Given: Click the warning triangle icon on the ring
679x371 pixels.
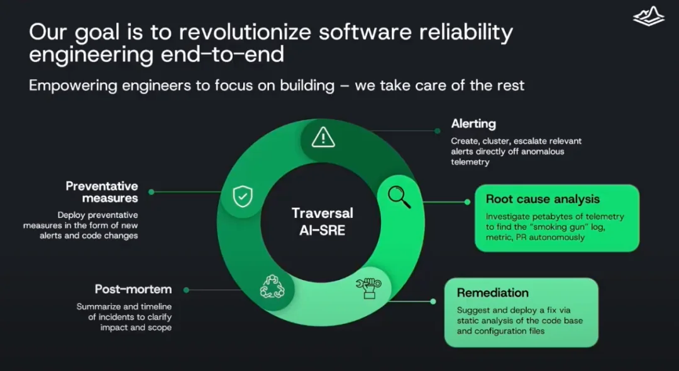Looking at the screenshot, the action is [323, 137].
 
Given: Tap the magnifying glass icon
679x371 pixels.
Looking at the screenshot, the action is [399, 197].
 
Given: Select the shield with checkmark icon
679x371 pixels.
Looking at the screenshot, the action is [243, 196].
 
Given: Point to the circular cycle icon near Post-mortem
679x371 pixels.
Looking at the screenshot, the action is [272, 286].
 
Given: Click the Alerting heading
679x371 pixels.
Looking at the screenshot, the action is [473, 124].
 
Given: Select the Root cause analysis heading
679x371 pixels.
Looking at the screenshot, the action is [543, 199].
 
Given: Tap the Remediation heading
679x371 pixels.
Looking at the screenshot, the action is [493, 293].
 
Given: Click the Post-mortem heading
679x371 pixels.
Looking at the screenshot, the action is [133, 289].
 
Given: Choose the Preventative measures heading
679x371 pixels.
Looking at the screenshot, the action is [102, 192].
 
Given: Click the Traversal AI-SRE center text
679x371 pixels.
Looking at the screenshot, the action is [323, 222].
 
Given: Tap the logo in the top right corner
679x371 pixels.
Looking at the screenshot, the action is [649, 17].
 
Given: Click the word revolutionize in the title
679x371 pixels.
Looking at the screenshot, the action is [245, 33].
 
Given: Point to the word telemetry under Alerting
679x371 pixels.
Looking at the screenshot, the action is [470, 162].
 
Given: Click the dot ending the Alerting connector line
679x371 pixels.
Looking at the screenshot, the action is [438, 131].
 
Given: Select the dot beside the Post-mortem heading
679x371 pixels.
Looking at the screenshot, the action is [186, 290].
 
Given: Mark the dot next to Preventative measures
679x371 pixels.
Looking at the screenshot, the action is [151, 192].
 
